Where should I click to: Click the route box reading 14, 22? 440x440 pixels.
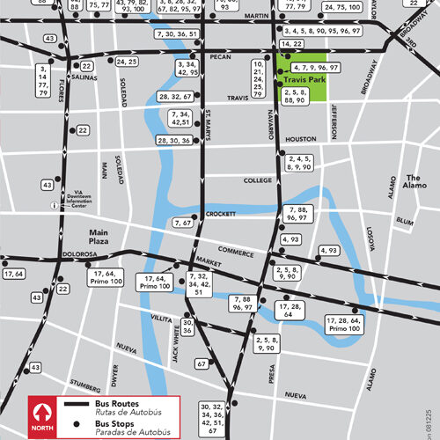[x=290, y=44]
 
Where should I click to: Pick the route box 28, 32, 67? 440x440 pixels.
[x=176, y=97]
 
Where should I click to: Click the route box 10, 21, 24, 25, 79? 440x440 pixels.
[x=258, y=78]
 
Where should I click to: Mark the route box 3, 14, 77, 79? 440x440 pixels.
[x=44, y=79]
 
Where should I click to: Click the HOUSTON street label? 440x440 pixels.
[x=301, y=140]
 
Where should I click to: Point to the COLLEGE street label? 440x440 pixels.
[x=258, y=180]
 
